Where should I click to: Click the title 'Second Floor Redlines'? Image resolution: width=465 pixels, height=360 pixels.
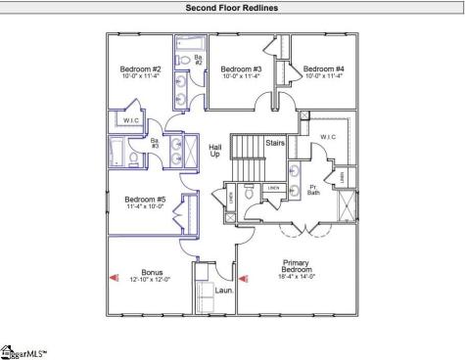pos(231,8)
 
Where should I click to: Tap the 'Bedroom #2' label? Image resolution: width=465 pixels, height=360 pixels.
pos(140,69)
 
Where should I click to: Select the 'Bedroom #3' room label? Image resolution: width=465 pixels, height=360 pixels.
pos(240,69)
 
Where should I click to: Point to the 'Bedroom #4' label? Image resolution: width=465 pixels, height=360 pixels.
pos(322,69)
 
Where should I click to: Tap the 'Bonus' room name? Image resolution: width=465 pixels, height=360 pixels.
pos(152,273)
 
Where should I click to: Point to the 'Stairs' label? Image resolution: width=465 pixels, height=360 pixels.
pos(275,143)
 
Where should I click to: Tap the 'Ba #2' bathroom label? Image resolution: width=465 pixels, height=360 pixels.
pos(197,60)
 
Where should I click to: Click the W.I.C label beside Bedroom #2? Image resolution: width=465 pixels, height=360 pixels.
pos(130,120)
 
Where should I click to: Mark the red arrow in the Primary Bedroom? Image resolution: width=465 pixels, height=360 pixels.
pos(244,278)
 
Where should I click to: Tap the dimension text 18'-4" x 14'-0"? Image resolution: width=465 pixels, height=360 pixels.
pos(302,276)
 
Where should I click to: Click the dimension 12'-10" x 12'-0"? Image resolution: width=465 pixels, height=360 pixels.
pos(152,280)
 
